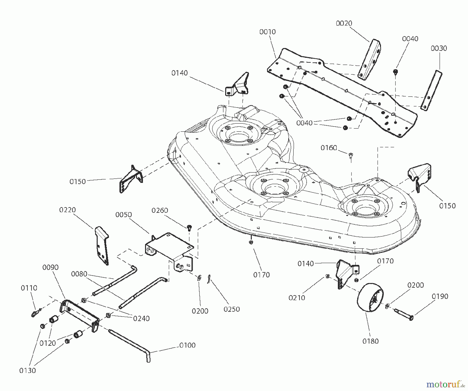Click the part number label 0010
tap(268, 32)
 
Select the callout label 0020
tap(344, 23)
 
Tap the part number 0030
tap(439, 48)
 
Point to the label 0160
tap(329, 148)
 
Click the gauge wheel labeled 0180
tap(370, 298)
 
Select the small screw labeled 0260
tap(189, 228)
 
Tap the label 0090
tap(50, 267)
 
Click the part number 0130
tap(28, 371)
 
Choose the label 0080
tap(79, 274)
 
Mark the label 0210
tap(297, 298)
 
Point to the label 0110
tap(29, 288)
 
